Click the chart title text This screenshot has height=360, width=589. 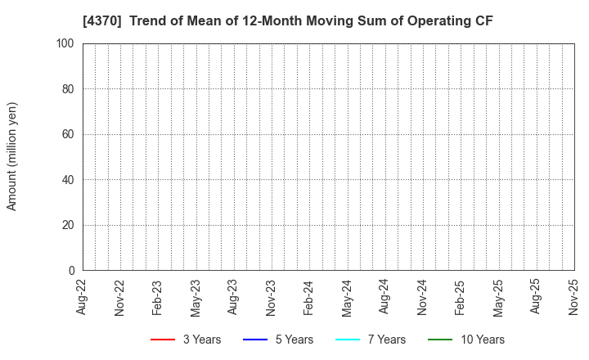(x=287, y=21)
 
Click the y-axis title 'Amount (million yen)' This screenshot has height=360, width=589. (x=12, y=156)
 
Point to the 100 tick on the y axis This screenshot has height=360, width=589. (x=66, y=43)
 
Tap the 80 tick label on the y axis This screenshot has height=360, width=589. (x=69, y=88)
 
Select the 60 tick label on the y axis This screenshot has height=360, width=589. (x=69, y=134)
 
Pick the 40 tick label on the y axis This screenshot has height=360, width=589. (x=69, y=179)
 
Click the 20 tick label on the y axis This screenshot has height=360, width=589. (x=69, y=225)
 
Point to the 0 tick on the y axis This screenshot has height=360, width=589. (x=71, y=270)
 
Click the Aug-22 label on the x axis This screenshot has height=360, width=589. (x=83, y=296)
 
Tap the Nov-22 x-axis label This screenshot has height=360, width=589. (x=120, y=296)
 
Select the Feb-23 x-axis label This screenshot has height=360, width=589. (x=158, y=296)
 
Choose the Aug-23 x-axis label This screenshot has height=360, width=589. (x=233, y=296)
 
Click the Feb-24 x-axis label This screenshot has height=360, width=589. (x=309, y=296)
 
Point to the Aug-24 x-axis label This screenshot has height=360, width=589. (x=384, y=296)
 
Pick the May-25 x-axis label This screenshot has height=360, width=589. (x=498, y=296)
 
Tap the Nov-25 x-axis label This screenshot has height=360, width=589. (x=573, y=296)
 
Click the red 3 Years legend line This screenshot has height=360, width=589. (x=163, y=340)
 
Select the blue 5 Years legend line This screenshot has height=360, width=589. (x=255, y=340)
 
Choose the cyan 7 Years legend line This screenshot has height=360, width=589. (x=348, y=340)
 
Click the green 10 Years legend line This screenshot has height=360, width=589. (x=440, y=340)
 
